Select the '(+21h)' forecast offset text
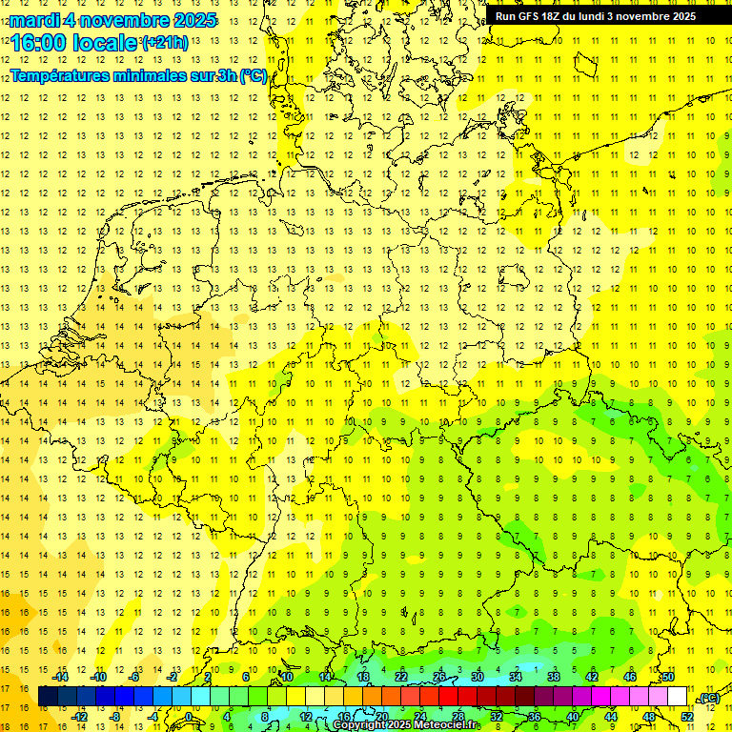(x=165, y=43)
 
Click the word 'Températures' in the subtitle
(x=59, y=75)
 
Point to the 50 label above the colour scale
(x=668, y=677)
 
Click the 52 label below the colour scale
(x=687, y=716)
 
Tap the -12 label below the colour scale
(x=80, y=716)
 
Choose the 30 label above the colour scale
(x=477, y=677)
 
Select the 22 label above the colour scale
(x=401, y=677)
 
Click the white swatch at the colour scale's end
(x=678, y=697)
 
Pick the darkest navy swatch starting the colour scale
(x=48, y=697)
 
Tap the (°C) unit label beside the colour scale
(x=708, y=698)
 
